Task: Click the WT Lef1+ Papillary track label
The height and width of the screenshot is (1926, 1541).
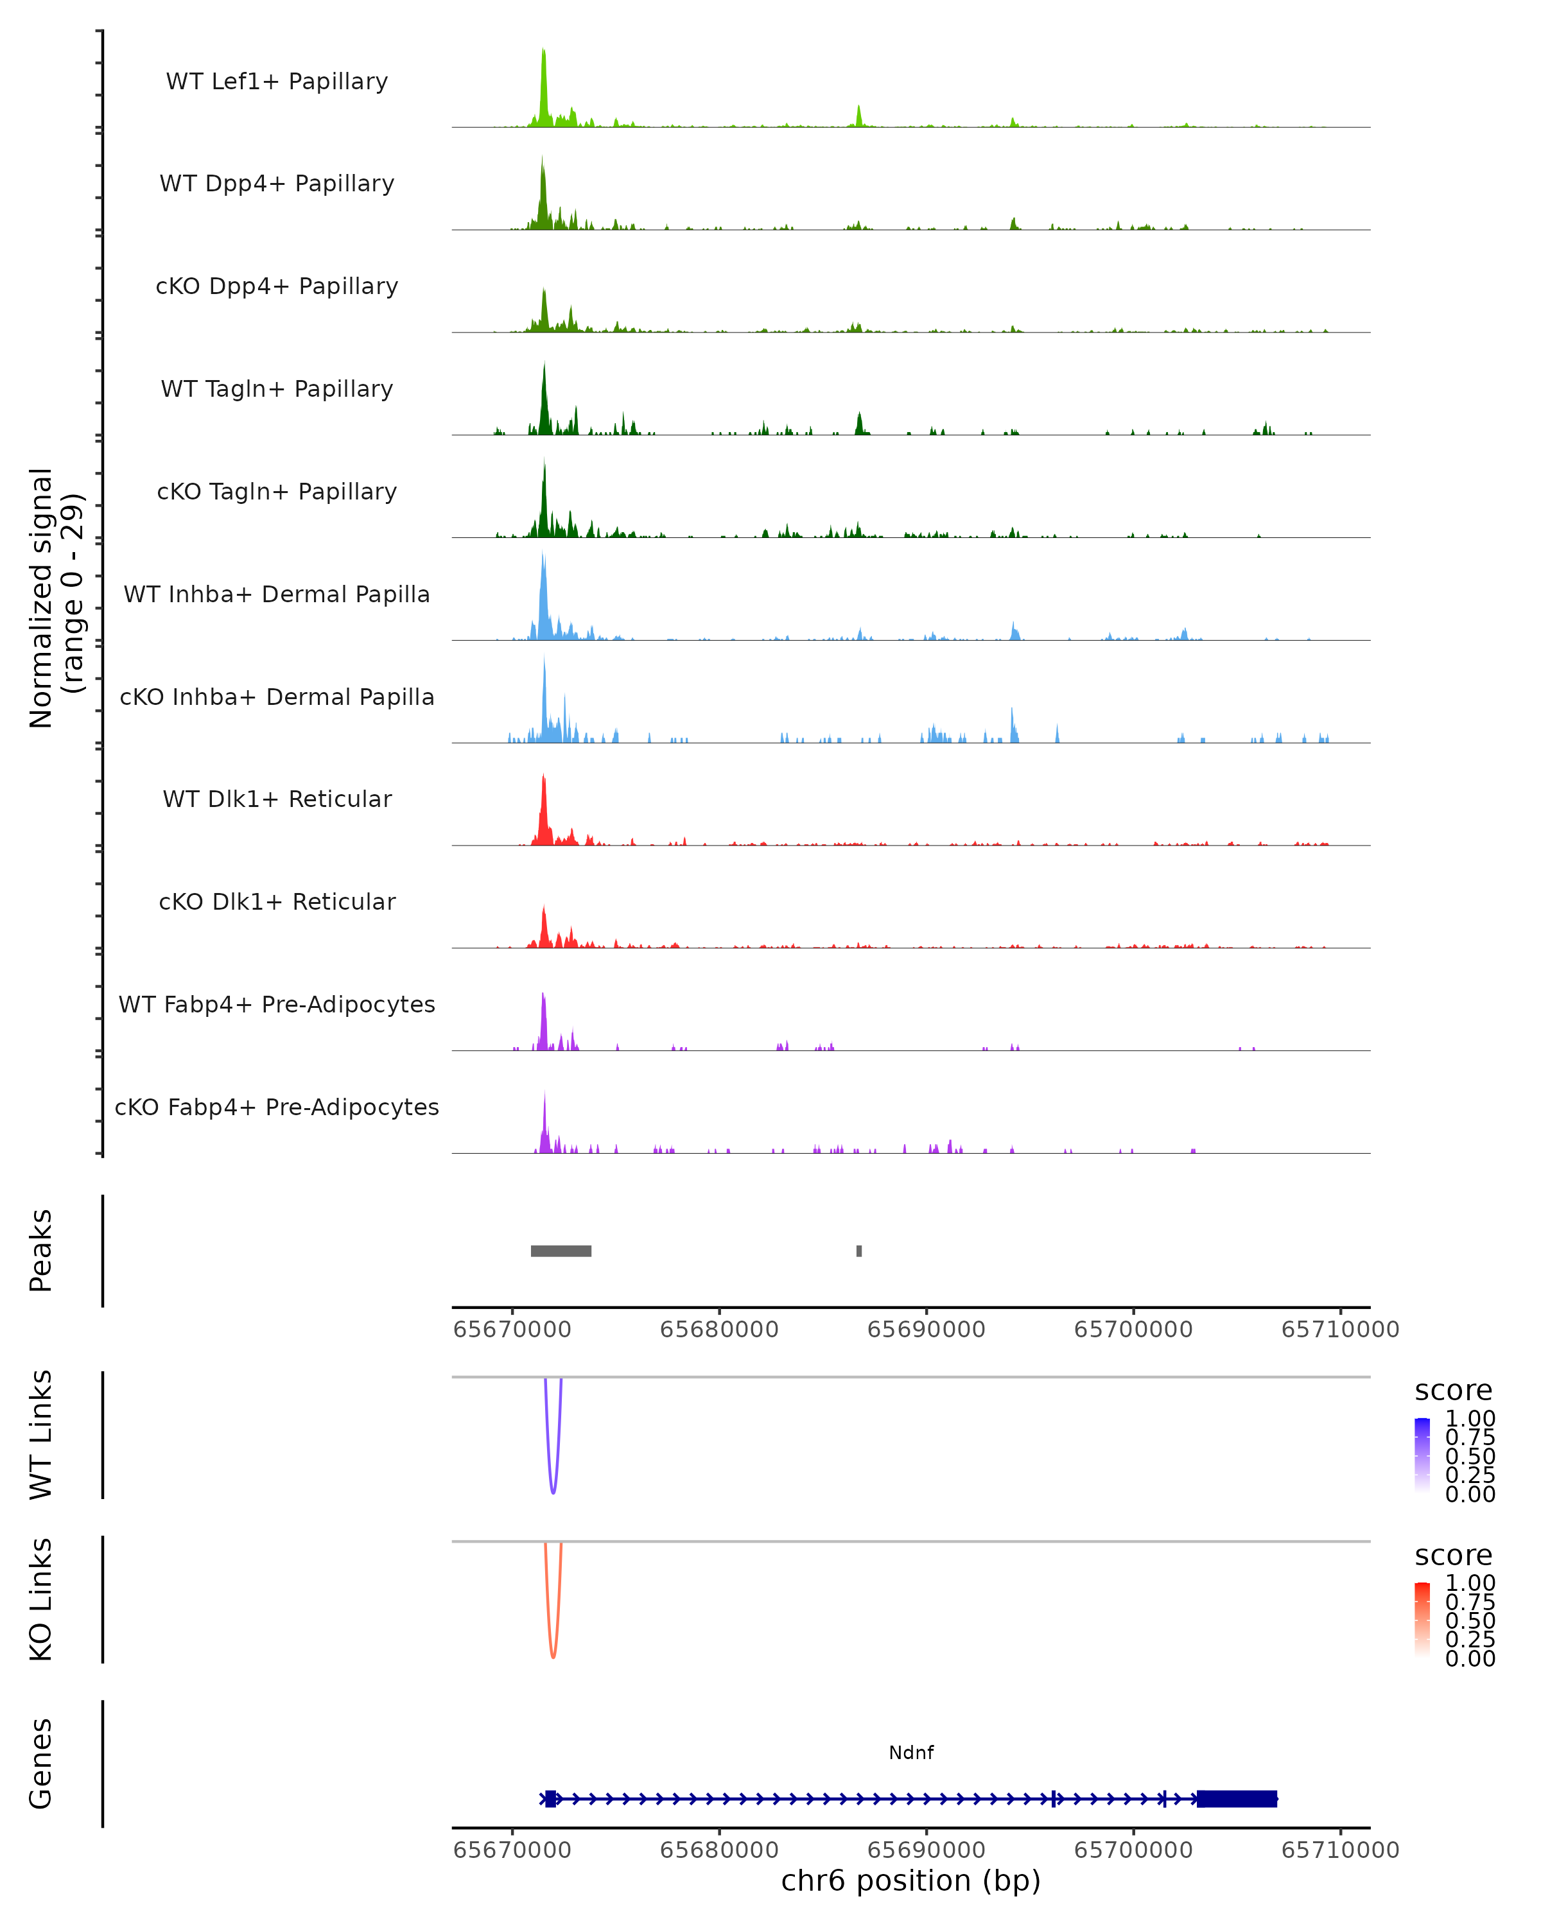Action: click(277, 82)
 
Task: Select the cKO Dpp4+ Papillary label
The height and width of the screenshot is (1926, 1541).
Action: click(277, 287)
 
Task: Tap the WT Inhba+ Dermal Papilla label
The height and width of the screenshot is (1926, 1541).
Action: click(277, 595)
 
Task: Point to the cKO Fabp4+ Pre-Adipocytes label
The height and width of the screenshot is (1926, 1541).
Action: click(277, 1107)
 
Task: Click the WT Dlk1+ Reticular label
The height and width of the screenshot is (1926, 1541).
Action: click(277, 799)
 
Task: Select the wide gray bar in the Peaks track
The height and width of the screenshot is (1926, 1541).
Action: click(561, 1251)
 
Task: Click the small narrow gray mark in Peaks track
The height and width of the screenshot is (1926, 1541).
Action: click(859, 1251)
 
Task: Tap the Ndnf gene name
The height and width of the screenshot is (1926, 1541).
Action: click(911, 1753)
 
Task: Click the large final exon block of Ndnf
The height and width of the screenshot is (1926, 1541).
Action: click(1237, 1799)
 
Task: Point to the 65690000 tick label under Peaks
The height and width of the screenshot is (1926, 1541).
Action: click(927, 1330)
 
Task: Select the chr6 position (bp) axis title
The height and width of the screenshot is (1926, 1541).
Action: click(911, 1881)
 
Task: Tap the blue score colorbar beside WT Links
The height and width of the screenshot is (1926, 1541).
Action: click(1422, 1455)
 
